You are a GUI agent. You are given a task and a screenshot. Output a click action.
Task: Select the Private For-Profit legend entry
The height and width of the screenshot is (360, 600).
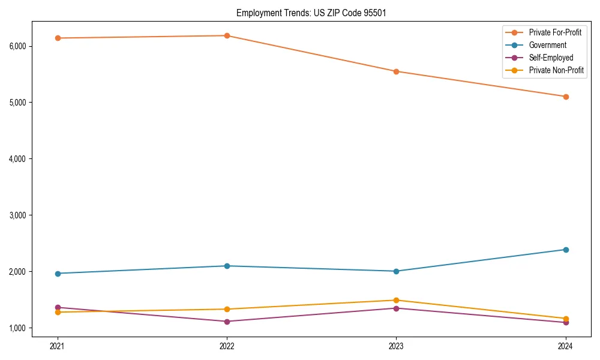(x=555, y=32)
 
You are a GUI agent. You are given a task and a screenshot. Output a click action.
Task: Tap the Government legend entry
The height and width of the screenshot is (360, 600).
(x=547, y=45)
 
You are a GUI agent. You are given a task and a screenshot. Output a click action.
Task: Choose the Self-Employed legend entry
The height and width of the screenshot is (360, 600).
(x=551, y=58)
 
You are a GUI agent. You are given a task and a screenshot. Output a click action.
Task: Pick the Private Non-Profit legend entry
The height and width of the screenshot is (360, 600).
(x=556, y=70)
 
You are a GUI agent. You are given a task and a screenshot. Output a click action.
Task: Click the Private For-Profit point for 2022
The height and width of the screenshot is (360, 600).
(x=227, y=35)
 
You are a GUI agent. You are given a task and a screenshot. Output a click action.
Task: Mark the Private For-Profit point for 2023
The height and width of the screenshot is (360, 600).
(x=396, y=71)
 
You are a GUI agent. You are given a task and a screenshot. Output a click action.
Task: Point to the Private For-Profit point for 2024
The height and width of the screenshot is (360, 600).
(x=565, y=97)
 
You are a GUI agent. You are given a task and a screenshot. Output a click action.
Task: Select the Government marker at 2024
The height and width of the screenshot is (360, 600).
(x=565, y=250)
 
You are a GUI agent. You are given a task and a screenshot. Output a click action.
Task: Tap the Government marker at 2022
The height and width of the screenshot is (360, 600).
(x=227, y=266)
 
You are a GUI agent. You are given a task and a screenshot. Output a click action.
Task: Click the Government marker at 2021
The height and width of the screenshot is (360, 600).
(x=58, y=274)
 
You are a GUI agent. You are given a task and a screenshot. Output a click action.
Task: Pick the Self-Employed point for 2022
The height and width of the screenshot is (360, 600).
(x=227, y=322)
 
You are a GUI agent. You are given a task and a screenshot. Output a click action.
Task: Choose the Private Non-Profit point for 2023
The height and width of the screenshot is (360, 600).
(x=396, y=300)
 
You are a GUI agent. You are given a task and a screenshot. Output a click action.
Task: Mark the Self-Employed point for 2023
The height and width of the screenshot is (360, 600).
(x=396, y=308)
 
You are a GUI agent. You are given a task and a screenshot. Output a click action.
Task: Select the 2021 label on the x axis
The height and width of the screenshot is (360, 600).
(x=58, y=346)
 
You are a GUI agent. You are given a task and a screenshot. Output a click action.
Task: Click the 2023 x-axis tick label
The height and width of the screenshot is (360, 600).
(x=396, y=346)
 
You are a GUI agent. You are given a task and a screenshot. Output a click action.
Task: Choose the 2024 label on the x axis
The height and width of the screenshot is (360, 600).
(x=565, y=346)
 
